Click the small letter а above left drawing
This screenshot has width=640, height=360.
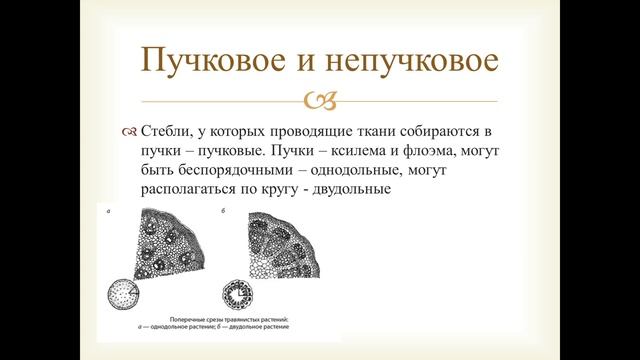[x=111, y=213]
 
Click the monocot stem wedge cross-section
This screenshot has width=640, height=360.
[x=166, y=245]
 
